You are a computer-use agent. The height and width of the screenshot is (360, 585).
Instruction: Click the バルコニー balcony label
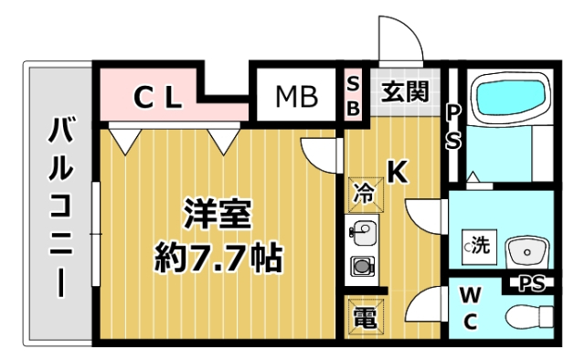pyautogui.click(x=61, y=206)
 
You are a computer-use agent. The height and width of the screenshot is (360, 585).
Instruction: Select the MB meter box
pyautogui.click(x=294, y=95)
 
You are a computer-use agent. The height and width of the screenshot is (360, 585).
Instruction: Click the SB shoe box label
pyautogui.click(x=354, y=95)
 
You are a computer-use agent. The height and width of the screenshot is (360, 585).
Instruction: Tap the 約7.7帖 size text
pyautogui.click(x=217, y=259)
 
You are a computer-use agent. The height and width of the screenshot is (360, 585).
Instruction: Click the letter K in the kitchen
pyautogui.click(x=398, y=172)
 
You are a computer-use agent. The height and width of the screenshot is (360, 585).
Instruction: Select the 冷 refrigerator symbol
pyautogui.click(x=363, y=194)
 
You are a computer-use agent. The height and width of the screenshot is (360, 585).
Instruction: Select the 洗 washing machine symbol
pyautogui.click(x=479, y=245)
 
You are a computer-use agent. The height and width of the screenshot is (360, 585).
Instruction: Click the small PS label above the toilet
pyautogui.click(x=531, y=283)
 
